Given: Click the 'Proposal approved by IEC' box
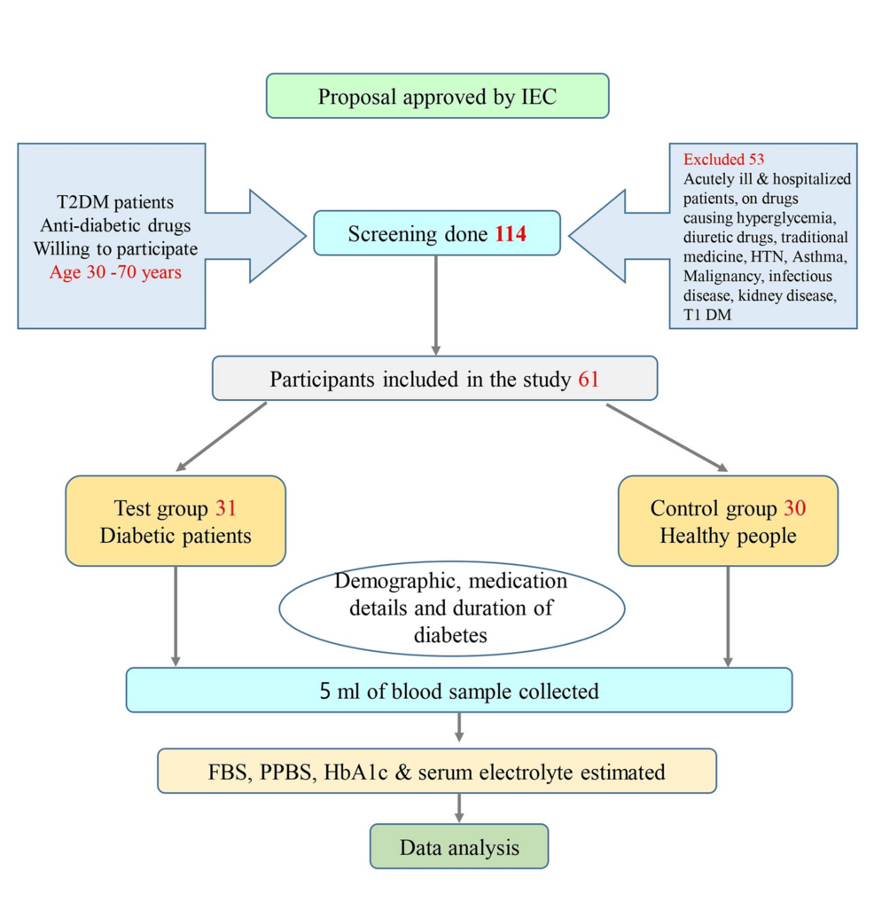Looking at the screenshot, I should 437,96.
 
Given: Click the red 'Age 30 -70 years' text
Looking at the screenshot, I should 115,272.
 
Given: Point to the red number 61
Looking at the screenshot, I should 589,381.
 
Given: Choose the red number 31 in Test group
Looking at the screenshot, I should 225,508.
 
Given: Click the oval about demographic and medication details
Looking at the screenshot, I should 452,608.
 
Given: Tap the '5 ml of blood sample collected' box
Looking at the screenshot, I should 458,690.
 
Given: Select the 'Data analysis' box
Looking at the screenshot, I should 458,847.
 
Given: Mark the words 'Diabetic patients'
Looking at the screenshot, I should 176,536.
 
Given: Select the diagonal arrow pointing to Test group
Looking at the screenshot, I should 222,435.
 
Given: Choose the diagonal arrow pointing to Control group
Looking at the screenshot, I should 665,435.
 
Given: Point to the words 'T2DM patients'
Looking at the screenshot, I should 112,203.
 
